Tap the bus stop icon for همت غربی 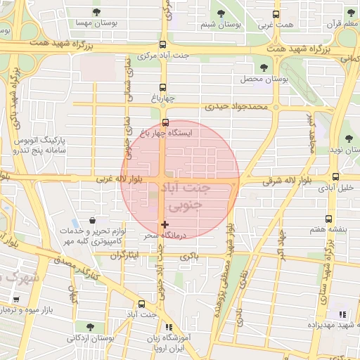click(275, 13)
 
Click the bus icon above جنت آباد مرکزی click(163, 43)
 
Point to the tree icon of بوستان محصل click(264, 67)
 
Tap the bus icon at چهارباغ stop click(163, 88)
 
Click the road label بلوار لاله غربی click(120, 181)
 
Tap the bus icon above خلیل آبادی click(335, 177)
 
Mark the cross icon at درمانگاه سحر click(165, 225)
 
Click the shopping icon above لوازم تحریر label click(93, 221)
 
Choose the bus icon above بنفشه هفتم click(328, 219)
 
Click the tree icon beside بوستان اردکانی click(90, 326)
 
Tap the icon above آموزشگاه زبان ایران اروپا click(167, 328)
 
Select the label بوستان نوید click(342, 150)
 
